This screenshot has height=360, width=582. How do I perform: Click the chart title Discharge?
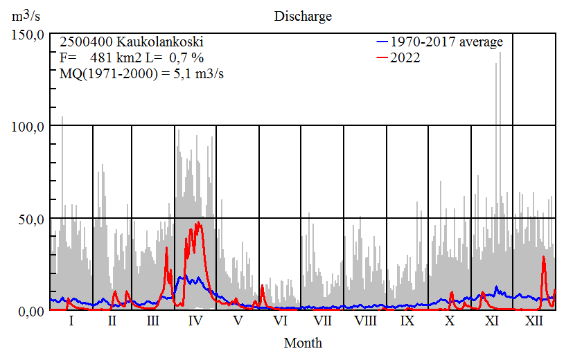point(303,16)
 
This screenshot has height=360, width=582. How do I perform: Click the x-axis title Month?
point(303,343)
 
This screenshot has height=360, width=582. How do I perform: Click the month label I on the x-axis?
point(71,321)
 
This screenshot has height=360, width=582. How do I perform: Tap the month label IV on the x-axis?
point(195,321)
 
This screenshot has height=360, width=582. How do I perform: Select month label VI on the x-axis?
point(280,321)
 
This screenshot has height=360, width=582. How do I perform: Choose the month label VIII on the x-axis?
point(365,321)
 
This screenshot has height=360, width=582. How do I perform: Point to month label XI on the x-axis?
point(491,321)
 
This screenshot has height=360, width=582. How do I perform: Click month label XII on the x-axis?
point(534,321)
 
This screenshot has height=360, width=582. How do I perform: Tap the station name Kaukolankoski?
point(146,42)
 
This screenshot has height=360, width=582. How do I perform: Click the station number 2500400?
point(82,42)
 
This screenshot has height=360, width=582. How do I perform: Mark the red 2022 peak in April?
point(200,222)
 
